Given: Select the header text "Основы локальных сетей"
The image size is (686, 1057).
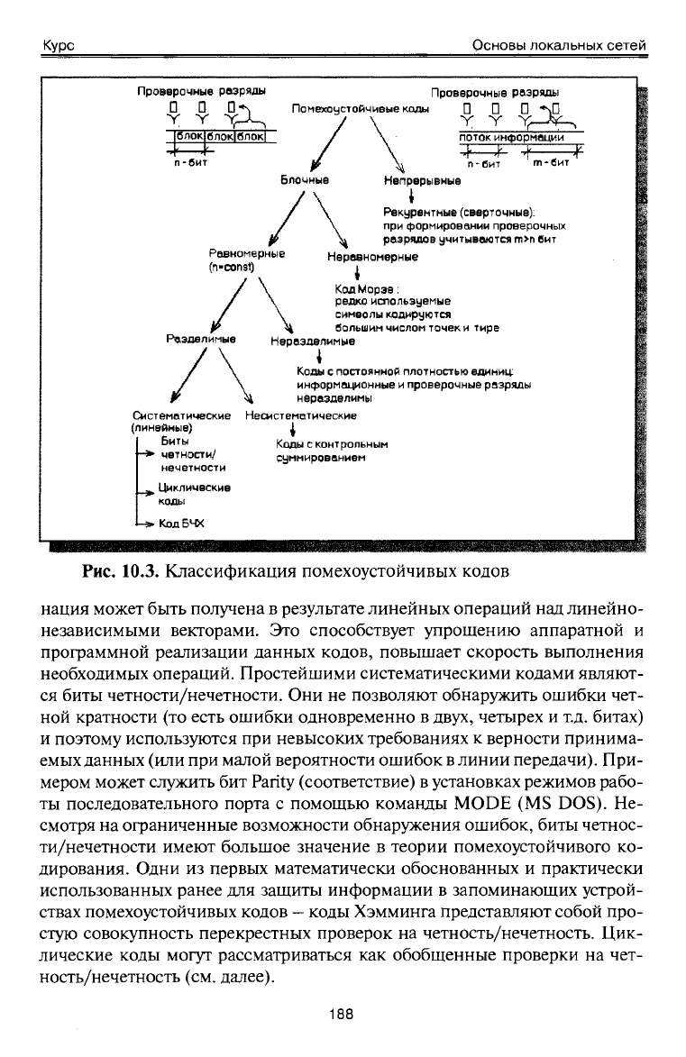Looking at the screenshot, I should [560, 45].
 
